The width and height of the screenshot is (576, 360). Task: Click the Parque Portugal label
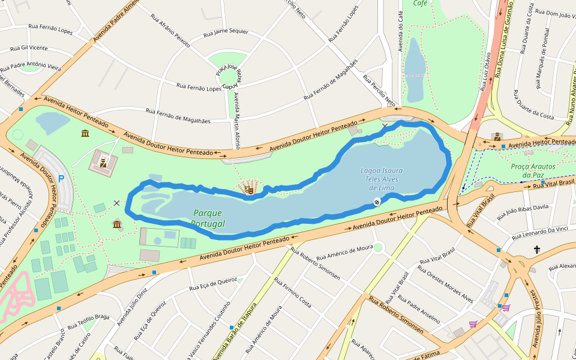208,218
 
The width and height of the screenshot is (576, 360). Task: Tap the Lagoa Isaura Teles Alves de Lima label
382,179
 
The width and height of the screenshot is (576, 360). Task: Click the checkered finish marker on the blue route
377,202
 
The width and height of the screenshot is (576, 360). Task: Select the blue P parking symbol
61,178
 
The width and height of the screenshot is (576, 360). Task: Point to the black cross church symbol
537,250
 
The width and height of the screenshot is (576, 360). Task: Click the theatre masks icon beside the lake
249,190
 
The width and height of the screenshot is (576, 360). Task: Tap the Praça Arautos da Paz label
533,170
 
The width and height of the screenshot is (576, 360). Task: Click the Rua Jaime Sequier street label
226,32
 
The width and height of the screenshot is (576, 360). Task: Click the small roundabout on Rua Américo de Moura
378,247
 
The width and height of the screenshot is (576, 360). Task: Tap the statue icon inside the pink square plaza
103,161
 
